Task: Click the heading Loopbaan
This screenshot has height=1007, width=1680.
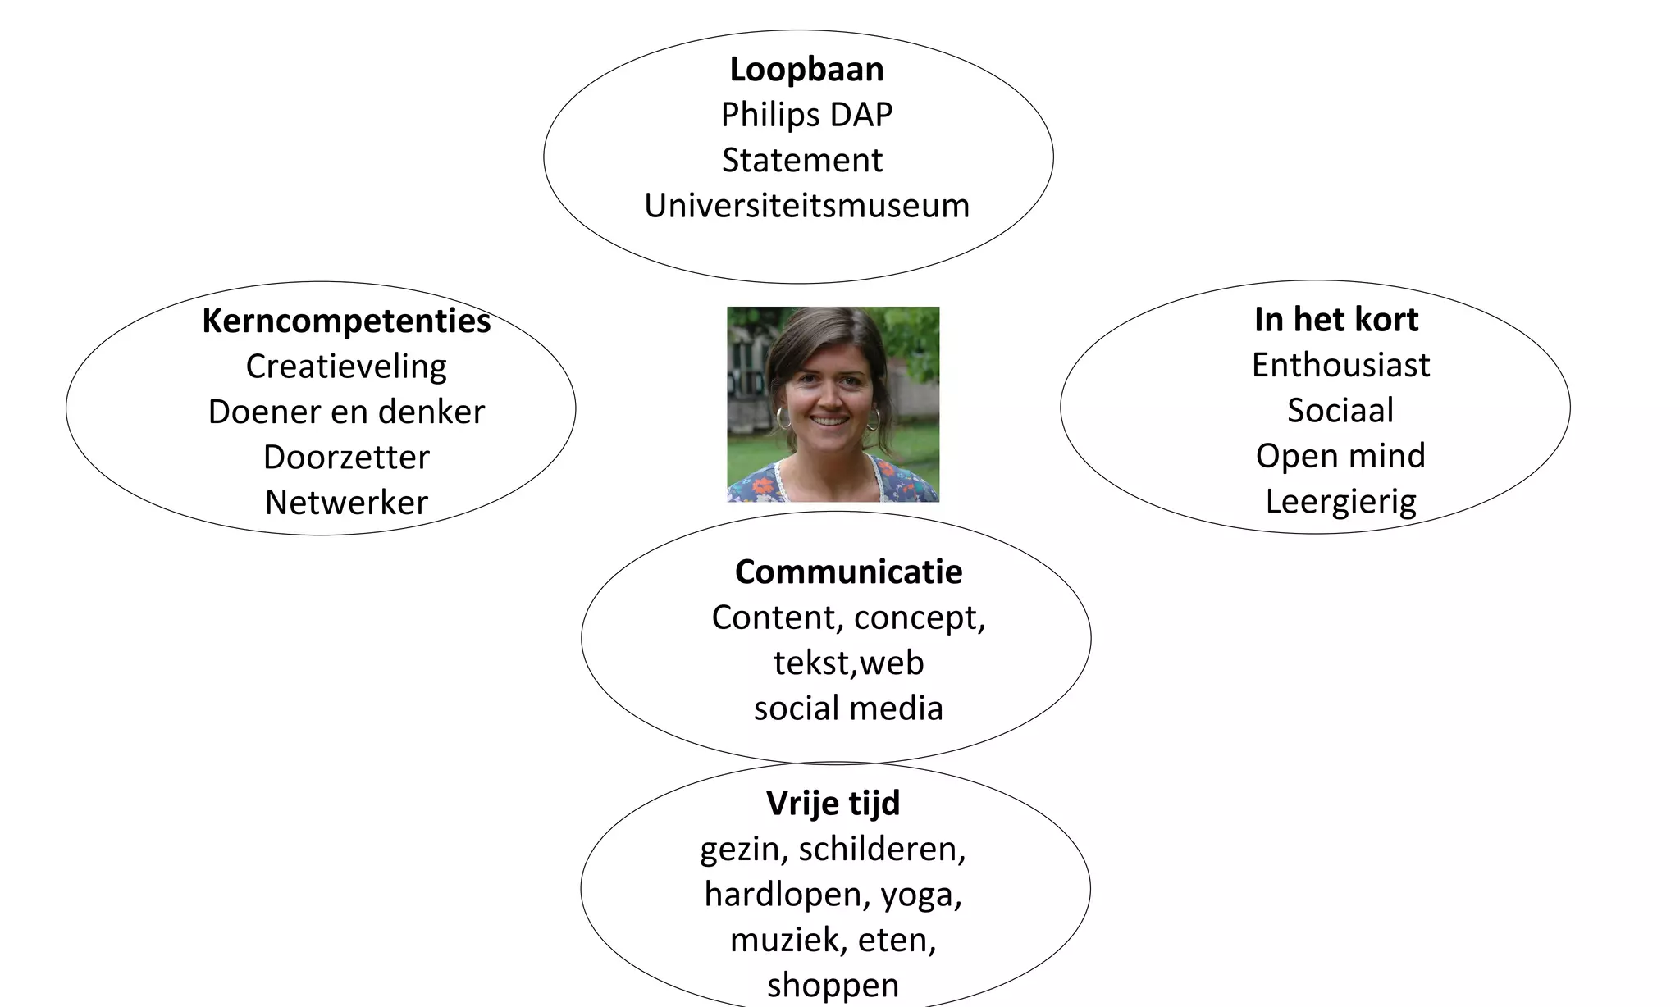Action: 806,70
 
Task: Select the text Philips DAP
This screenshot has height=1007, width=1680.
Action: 806,115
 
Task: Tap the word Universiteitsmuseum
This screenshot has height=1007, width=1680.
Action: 806,206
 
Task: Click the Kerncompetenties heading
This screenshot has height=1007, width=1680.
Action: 346,321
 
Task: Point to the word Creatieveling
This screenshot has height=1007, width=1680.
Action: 346,367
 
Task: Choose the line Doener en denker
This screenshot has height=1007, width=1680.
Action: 346,412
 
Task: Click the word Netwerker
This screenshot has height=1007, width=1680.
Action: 346,503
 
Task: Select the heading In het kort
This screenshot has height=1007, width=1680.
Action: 1336,319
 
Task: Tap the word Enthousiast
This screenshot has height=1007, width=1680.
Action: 1340,365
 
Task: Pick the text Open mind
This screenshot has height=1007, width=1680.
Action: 1340,456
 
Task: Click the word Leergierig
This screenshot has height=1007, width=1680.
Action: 1340,502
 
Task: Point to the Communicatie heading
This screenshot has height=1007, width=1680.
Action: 848,572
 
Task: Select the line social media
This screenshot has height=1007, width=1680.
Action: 848,709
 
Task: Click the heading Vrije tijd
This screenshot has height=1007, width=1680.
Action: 833,804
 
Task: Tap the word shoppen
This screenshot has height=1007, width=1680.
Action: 833,986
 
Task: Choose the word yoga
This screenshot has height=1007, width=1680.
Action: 921,895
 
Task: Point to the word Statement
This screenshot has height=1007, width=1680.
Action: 802,161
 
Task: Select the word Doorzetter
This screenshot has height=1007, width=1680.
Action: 346,458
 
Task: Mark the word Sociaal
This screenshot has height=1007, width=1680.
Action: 1340,411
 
